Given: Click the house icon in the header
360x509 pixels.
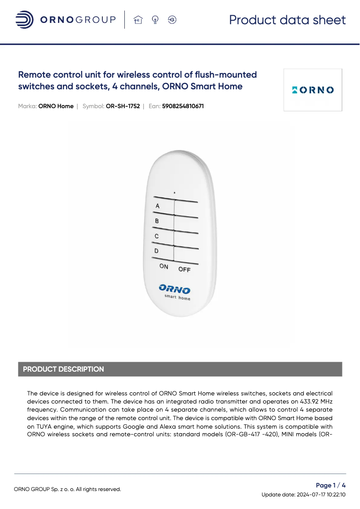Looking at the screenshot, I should pyautogui.click(x=138, y=20).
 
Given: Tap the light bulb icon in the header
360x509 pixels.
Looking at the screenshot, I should pyautogui.click(x=155, y=20).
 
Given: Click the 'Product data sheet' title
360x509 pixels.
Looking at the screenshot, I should pyautogui.click(x=287, y=20).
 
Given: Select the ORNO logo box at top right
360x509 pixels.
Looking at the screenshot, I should pyautogui.click(x=313, y=90).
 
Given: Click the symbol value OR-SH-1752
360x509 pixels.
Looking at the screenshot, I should pyautogui.click(x=123, y=106).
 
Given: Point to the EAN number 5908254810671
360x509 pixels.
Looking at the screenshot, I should pyautogui.click(x=183, y=106).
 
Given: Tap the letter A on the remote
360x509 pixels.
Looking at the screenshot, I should pyautogui.click(x=157, y=206).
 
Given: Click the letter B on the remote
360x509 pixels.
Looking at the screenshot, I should pyautogui.click(x=157, y=221).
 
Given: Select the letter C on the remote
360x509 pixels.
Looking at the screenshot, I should pyautogui.click(x=157, y=236).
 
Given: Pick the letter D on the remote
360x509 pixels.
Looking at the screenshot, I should pyautogui.click(x=156, y=251).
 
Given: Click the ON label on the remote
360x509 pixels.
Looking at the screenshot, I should pyautogui.click(x=164, y=267).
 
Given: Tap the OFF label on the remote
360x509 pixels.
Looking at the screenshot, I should pyautogui.click(x=184, y=269).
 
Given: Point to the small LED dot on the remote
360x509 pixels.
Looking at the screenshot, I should pyautogui.click(x=175, y=193).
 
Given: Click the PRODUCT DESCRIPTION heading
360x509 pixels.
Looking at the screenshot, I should pyautogui.click(x=63, y=369).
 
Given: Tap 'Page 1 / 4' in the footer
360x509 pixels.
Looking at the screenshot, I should pyautogui.click(x=331, y=485).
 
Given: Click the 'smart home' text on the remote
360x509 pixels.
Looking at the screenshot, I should pyautogui.click(x=177, y=298).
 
